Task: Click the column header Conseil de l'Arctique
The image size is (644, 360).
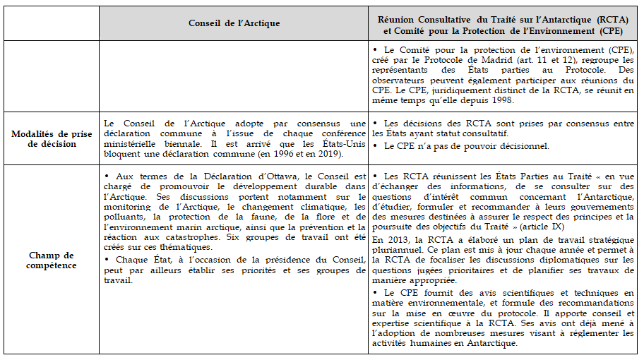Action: [234, 23]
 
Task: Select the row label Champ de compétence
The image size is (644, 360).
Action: [50, 259]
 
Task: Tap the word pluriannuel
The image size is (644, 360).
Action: [400, 250]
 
